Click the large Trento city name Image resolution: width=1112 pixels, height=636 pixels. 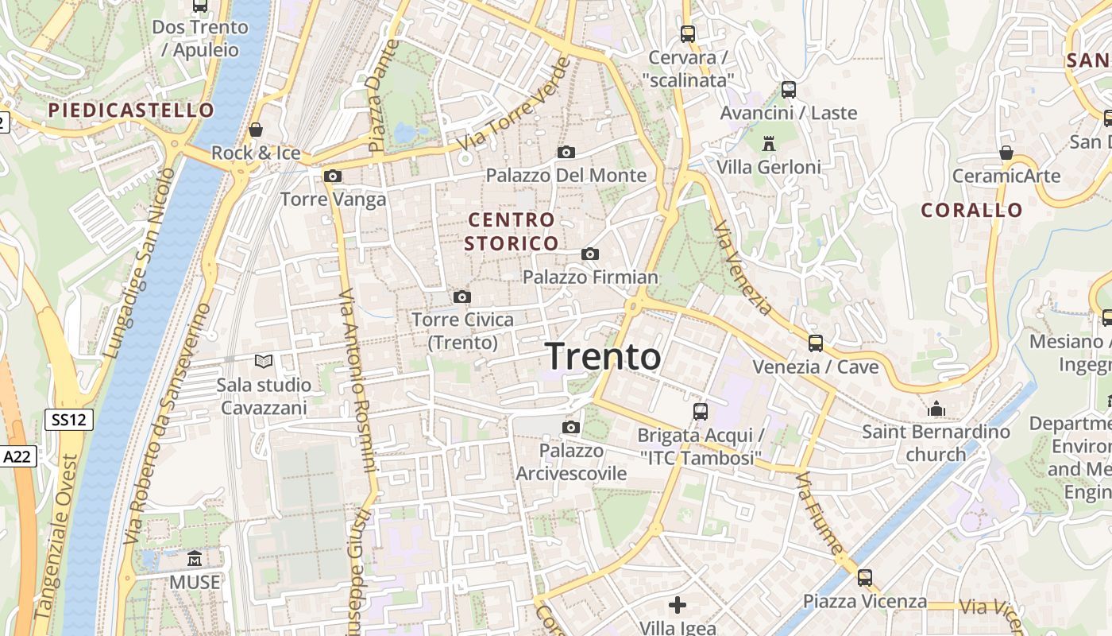point(604,356)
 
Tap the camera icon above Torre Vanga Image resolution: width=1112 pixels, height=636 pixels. point(333,176)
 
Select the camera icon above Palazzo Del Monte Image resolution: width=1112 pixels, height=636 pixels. point(566,152)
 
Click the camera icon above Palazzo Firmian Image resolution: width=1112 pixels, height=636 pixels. point(589,254)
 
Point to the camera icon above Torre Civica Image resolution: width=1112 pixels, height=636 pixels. point(461,297)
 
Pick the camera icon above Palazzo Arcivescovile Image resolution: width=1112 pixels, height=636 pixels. point(570,428)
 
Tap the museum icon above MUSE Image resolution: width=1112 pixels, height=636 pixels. point(195,558)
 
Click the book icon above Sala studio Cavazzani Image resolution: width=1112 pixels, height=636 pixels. point(264,362)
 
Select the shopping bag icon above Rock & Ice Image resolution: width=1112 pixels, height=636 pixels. point(256,129)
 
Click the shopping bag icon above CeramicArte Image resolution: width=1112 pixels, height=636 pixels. point(1006,152)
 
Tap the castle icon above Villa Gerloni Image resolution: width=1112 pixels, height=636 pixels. point(768,144)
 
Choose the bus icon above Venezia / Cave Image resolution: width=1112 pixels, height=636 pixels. point(815,343)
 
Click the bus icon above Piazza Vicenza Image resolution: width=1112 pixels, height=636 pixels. point(864,577)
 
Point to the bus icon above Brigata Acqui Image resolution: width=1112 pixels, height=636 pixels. point(700,411)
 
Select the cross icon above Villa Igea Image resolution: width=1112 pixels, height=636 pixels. point(677,605)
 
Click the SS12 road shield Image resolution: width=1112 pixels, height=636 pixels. point(69,420)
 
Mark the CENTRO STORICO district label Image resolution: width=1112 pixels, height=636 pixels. point(512,231)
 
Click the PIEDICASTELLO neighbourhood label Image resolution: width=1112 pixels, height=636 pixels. point(131,110)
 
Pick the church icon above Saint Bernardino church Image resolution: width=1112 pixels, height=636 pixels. point(936,409)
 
